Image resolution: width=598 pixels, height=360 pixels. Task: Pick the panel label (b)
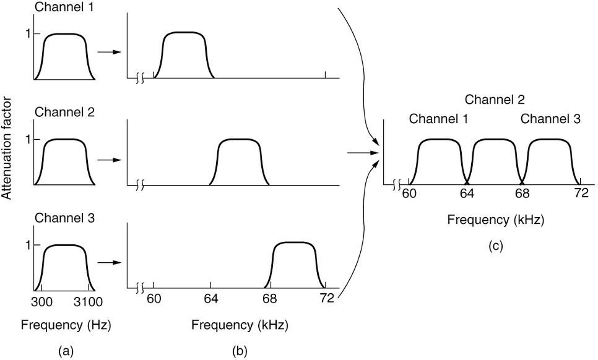(240, 351)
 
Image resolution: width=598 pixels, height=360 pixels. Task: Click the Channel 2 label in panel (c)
(495, 99)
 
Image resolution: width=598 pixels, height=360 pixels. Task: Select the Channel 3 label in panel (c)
(550, 119)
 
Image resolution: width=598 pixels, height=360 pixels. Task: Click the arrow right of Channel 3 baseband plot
(109, 262)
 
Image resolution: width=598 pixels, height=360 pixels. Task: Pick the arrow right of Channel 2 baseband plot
(109, 159)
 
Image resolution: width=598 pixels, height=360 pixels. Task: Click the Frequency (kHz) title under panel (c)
(495, 220)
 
